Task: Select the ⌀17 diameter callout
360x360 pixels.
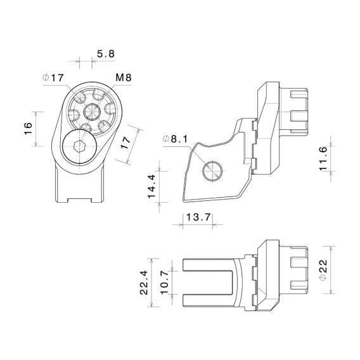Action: [53, 77]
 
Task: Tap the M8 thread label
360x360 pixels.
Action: [124, 77]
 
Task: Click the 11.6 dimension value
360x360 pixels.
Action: [323, 158]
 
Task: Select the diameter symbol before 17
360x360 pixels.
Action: [46, 77]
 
